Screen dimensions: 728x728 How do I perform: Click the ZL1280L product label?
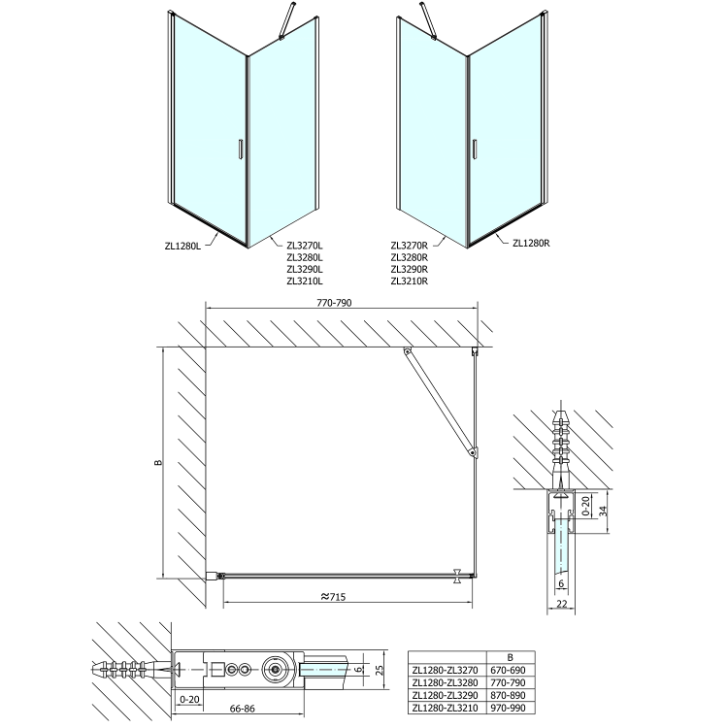[x=182, y=247]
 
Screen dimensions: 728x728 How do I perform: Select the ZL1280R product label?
[x=531, y=243]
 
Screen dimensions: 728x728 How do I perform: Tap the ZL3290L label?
[x=305, y=269]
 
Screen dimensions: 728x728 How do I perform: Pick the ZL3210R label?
[x=410, y=281]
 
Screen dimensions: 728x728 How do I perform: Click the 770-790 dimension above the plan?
[x=334, y=303]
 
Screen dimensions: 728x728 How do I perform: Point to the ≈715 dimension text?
[x=333, y=597]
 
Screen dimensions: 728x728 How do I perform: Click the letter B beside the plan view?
[x=158, y=462]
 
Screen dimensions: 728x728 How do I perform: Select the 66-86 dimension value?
[x=243, y=708]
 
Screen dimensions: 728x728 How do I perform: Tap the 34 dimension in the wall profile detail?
[x=603, y=511]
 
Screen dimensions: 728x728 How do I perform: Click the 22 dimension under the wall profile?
[x=561, y=604]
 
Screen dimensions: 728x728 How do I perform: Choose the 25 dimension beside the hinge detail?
[x=380, y=670]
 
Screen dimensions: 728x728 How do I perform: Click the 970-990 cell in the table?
[x=509, y=708]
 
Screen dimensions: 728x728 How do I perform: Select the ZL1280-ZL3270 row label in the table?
[x=445, y=670]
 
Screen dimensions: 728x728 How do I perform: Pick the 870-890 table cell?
[x=509, y=696]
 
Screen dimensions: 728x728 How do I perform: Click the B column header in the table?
[x=511, y=657]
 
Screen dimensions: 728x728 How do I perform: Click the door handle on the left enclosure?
[x=240, y=149]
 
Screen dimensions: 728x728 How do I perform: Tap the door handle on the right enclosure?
[x=474, y=149]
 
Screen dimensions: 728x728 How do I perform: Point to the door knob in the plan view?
[x=457, y=576]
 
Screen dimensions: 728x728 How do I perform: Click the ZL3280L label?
[x=305, y=257]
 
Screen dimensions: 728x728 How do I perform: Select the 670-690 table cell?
[x=509, y=670]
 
